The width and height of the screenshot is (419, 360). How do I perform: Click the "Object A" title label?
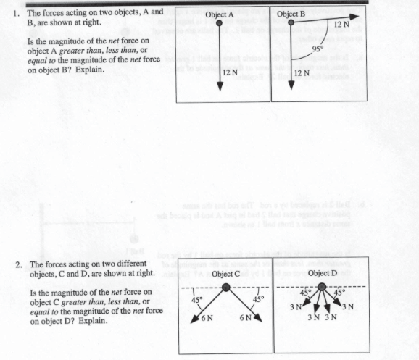point(220,14)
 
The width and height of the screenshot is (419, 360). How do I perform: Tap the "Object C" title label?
point(226,274)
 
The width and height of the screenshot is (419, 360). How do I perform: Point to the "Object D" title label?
point(322,274)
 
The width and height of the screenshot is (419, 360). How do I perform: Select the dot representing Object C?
point(226,288)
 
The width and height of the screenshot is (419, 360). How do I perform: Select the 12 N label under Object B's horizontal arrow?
point(342,25)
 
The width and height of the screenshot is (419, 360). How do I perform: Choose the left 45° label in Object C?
point(194,299)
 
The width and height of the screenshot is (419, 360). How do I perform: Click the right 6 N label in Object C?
point(246,319)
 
